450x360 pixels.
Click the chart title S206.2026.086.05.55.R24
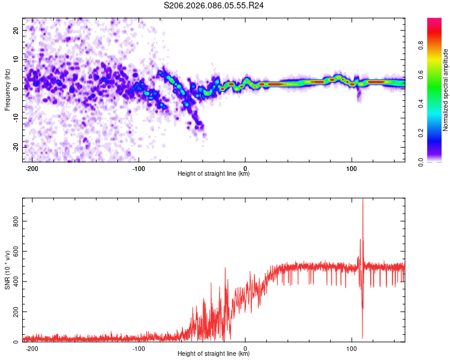tap(214, 5)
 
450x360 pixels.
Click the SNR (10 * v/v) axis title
tap(7, 269)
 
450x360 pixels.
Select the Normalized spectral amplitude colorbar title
tap(446, 90)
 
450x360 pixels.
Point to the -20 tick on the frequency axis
tap(14, 146)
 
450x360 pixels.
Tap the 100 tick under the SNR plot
tap(352, 349)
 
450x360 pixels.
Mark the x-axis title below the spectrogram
tap(214, 174)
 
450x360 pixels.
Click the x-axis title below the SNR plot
tap(214, 354)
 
